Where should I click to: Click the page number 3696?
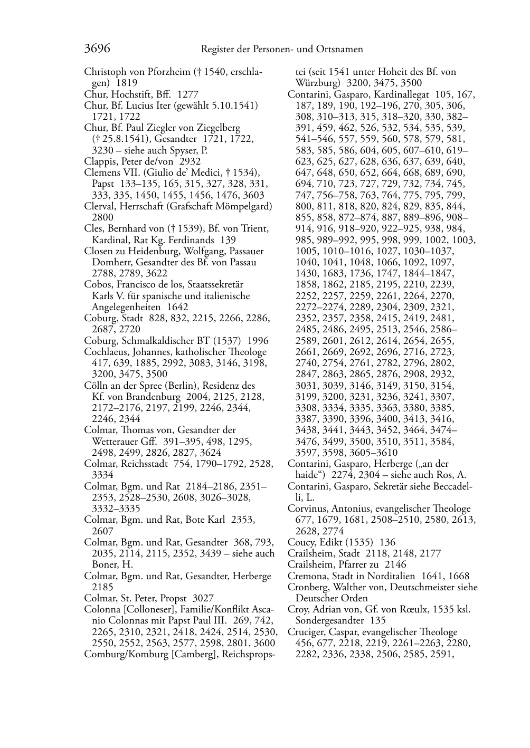[x=97, y=49]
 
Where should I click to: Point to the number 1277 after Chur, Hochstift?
[x=188, y=94]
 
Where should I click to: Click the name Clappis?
[x=100, y=161]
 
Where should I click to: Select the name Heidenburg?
[x=144, y=251]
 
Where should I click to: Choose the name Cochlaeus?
[x=106, y=352]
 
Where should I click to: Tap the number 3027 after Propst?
[x=203, y=598]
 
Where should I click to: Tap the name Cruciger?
[x=307, y=632]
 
